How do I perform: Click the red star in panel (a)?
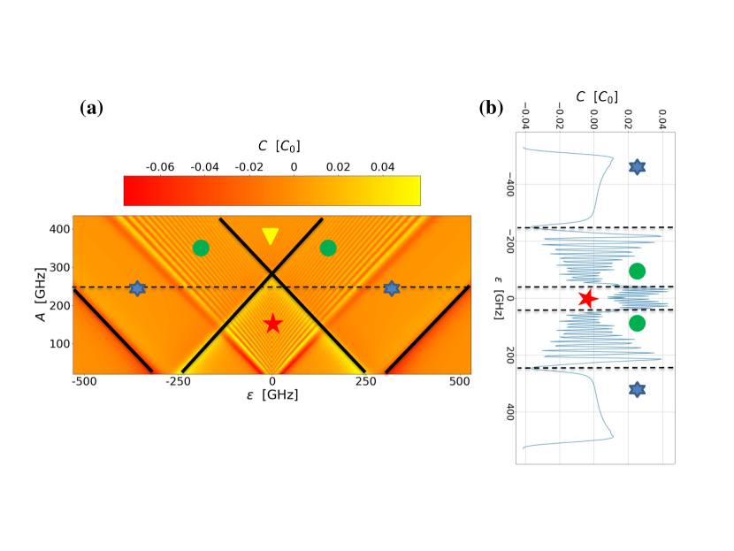pos(272,324)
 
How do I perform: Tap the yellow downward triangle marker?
pos(271,236)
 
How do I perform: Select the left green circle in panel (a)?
pos(200,248)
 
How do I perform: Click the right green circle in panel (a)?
pos(328,248)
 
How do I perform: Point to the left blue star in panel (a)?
pos(137,288)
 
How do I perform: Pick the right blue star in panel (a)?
pos(392,288)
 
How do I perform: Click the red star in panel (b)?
pos(586,299)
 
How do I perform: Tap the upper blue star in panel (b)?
pos(637,166)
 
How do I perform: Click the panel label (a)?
pos(91,109)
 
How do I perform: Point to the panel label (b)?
pos(492,109)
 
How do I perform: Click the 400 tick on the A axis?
pos(60,228)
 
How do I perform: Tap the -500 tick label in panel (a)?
pos(85,382)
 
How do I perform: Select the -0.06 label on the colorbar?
pos(159,165)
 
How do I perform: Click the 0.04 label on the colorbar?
pos(383,165)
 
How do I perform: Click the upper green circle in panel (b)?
pos(637,271)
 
